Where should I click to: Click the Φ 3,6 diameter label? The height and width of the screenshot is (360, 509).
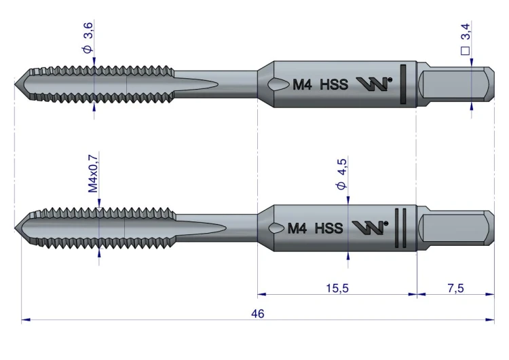[x=88, y=37]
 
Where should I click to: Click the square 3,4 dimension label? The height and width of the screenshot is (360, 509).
[x=465, y=39]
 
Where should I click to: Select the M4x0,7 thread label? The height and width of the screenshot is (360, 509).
[x=93, y=173]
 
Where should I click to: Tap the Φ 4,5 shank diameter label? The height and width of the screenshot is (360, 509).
[x=342, y=174]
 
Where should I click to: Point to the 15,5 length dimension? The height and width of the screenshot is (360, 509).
[x=337, y=288]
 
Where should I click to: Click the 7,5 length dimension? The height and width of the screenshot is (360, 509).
[x=456, y=288]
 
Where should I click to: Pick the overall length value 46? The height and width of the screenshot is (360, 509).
[x=258, y=314]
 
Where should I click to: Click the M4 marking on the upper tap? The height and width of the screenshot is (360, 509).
[x=302, y=85]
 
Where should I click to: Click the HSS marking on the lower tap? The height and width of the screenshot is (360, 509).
[x=329, y=228]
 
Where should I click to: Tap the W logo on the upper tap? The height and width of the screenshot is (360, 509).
[x=374, y=84]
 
